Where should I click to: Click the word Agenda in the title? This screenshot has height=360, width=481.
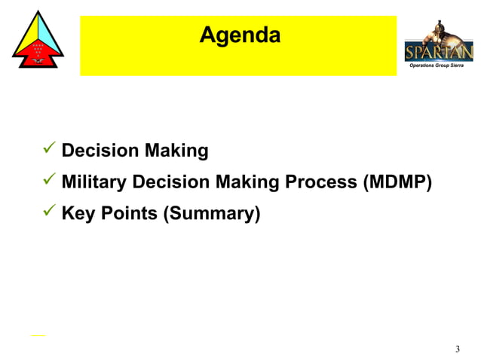(x=240, y=35)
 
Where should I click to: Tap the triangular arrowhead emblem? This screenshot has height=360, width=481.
(x=38, y=41)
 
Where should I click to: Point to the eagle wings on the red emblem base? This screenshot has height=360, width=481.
(x=38, y=60)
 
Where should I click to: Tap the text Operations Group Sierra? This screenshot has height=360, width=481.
(x=436, y=66)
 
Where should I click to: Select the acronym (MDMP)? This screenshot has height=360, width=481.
(x=397, y=182)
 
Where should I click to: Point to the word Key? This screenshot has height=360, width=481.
(x=76, y=214)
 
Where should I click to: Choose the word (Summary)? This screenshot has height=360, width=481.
(x=212, y=214)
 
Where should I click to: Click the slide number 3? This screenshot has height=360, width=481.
(x=458, y=349)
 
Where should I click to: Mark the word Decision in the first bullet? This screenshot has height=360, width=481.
(x=100, y=151)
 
